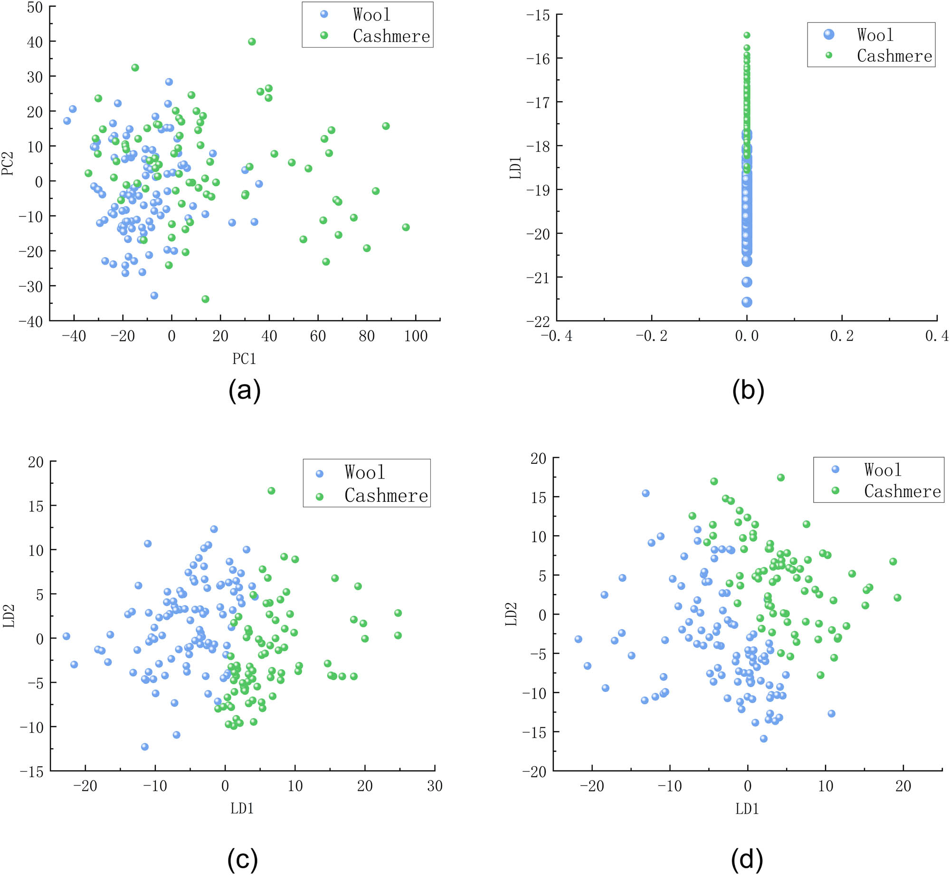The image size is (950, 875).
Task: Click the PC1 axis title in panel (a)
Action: click(244, 359)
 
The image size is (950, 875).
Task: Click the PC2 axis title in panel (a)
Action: click(8, 163)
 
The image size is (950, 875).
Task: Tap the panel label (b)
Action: click(748, 391)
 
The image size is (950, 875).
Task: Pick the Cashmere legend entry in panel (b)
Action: click(894, 56)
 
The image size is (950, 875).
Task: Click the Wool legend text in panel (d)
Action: click(882, 470)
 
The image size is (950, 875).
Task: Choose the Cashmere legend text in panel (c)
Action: click(386, 496)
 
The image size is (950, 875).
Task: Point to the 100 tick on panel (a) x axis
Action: click(416, 336)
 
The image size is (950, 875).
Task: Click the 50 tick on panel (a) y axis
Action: click(35, 7)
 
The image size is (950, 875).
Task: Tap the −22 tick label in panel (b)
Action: click(538, 321)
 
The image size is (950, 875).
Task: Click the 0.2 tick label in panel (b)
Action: click(842, 336)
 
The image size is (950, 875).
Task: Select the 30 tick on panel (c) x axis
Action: click(435, 786)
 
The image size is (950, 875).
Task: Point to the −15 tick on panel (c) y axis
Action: click(31, 772)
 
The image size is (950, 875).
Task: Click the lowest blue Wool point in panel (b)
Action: click(747, 302)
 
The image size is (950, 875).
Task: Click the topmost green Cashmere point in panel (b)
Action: click(747, 35)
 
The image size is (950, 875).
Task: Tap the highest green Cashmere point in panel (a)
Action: click(252, 42)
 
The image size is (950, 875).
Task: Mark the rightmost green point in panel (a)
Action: click(406, 227)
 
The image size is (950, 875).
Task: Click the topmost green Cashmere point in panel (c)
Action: click(271, 490)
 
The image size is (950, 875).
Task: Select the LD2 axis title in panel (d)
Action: click(511, 614)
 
